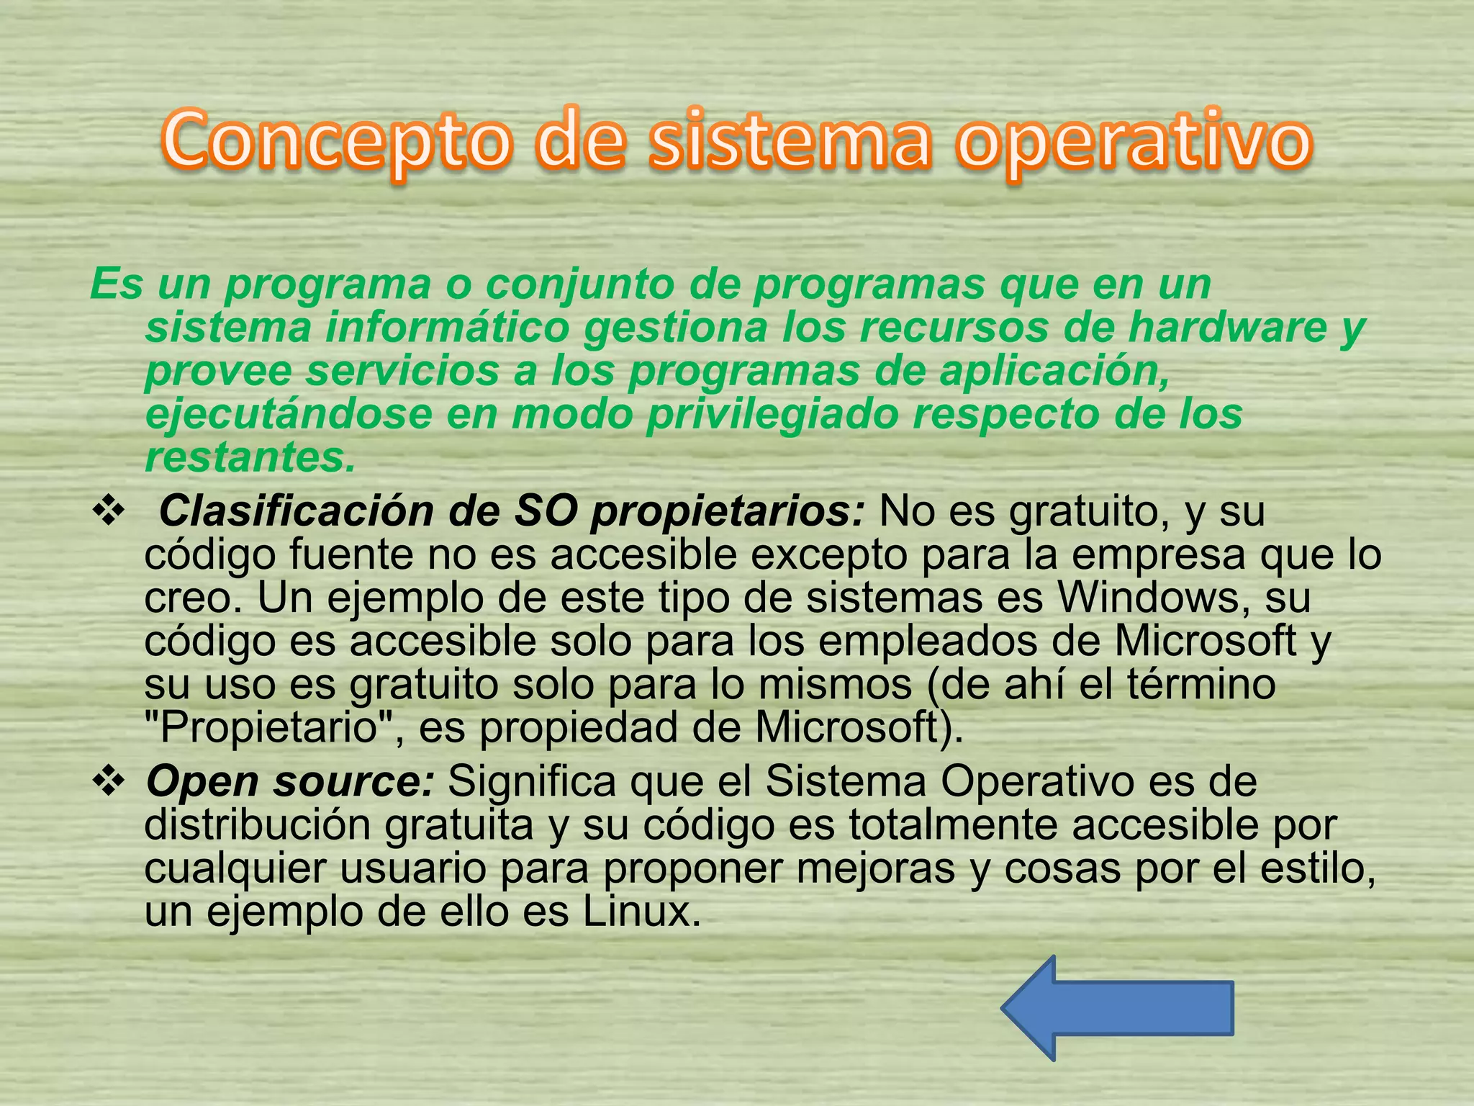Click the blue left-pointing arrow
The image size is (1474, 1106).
click(1117, 1008)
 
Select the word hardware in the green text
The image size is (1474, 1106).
click(1226, 328)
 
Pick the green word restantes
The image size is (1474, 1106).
click(250, 457)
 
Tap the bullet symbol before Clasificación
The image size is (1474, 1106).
click(109, 513)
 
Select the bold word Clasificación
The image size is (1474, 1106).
click(293, 512)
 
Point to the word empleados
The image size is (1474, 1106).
click(928, 641)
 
